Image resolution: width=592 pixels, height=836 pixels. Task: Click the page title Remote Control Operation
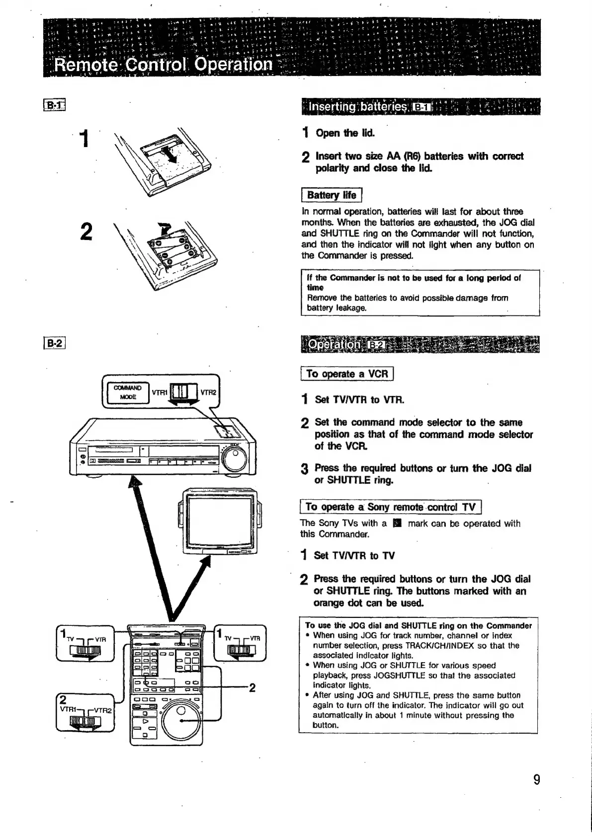[x=164, y=65]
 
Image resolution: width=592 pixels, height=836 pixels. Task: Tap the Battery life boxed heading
[x=332, y=195]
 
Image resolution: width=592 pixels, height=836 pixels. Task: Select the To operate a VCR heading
[x=347, y=374]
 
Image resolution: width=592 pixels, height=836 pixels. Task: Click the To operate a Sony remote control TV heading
[x=391, y=507]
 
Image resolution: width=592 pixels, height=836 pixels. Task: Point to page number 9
[x=536, y=779]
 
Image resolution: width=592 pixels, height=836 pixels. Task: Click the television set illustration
[x=219, y=521]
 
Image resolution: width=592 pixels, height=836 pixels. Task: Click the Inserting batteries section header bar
[x=420, y=107]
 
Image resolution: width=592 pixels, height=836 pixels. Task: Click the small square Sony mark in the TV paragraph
[x=396, y=523]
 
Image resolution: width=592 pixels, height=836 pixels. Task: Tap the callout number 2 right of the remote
[x=252, y=687]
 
